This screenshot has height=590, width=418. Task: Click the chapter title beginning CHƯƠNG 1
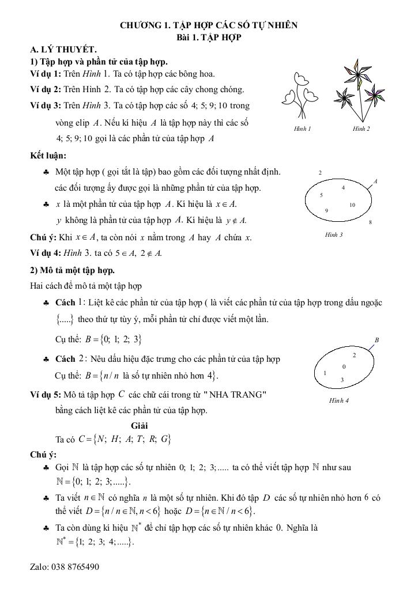click(x=209, y=26)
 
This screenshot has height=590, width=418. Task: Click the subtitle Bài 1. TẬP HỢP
click(x=209, y=37)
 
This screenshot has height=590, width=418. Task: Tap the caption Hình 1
click(x=302, y=128)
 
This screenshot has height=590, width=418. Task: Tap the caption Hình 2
click(x=361, y=128)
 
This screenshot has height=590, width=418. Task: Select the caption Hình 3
click(x=334, y=235)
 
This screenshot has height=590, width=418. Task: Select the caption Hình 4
click(x=338, y=400)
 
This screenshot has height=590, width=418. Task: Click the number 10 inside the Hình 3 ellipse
click(x=352, y=205)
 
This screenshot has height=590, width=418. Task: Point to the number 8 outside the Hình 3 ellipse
click(x=370, y=222)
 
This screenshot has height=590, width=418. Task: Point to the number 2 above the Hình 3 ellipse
click(x=320, y=172)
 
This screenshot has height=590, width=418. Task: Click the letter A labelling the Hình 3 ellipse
click(x=375, y=182)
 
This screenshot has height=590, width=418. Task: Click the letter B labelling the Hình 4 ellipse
click(x=376, y=340)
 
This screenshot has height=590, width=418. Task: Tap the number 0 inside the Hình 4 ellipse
click(x=344, y=366)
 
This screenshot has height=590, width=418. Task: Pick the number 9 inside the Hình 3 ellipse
click(x=327, y=210)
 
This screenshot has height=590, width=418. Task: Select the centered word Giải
click(x=139, y=426)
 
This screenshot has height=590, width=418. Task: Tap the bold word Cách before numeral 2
click(x=65, y=359)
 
